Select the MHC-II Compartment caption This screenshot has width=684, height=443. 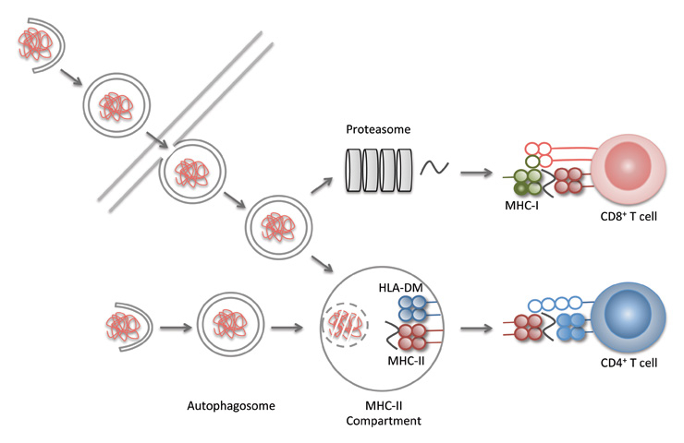pyautogui.click(x=384, y=413)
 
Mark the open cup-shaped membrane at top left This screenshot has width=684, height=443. pyautogui.click(x=42, y=44)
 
